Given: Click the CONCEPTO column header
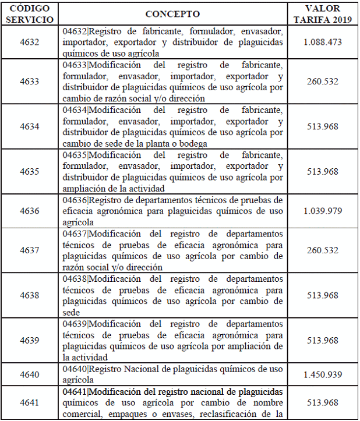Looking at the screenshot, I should tap(172, 14).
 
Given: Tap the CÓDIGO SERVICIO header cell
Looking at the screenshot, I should tap(29, 14).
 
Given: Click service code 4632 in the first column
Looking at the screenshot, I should tap(29, 42).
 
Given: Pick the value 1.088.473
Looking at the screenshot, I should tap(322, 42).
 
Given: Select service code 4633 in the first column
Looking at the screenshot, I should tap(29, 82).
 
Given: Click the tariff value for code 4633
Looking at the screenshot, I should tap(322, 82).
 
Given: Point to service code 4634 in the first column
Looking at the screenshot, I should tap(29, 126).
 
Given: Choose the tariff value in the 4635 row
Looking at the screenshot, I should tap(322, 171).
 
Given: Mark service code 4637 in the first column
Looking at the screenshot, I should tap(29, 250).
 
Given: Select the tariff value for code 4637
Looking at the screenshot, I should tap(322, 250).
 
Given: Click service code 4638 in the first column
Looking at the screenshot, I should tap(29, 295).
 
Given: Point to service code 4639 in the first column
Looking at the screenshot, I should tap(29, 340).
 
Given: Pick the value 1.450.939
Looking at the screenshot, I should tap(322, 374).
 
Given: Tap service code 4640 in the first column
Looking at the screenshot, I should tap(29, 374).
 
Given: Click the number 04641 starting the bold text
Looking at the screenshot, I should tap(75, 391).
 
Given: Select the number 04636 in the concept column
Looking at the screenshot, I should tap(75, 199).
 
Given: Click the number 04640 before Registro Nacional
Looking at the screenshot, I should tap(75, 369).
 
